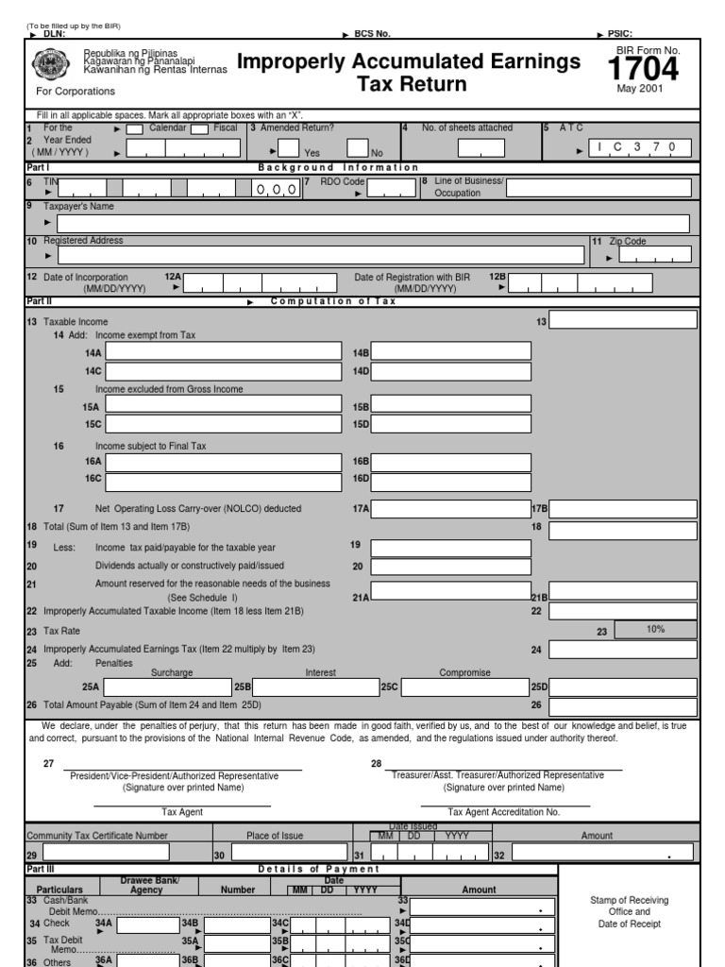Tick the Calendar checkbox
point(135,129)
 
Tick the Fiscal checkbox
point(199,129)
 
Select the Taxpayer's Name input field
point(373,224)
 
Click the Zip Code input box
point(654,255)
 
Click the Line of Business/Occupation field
point(598,187)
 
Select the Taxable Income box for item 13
point(623,320)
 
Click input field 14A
point(223,352)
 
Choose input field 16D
point(451,482)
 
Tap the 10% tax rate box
point(655,630)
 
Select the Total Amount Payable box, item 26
point(623,706)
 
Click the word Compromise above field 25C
point(464,672)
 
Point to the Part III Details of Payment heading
point(318,869)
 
